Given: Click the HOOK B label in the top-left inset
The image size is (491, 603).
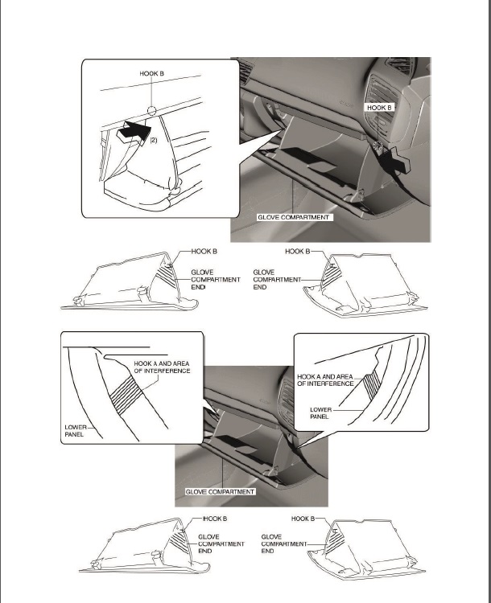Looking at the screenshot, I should (x=151, y=73).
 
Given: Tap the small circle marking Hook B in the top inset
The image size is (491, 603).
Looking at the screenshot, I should (x=151, y=111).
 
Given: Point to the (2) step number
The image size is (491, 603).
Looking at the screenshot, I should (x=153, y=138).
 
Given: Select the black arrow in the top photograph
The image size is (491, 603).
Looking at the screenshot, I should (x=399, y=161).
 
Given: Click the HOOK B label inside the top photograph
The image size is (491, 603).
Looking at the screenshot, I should (x=379, y=107).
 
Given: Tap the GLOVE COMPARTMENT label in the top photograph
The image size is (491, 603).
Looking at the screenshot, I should (x=294, y=218).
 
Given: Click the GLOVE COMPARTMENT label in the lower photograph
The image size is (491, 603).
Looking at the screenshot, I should (x=221, y=491).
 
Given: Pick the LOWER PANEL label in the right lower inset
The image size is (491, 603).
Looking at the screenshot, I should (x=321, y=412).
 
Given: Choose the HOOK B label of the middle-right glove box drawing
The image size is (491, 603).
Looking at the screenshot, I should (x=298, y=252).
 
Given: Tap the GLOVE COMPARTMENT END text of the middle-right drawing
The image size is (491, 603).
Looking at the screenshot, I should (x=269, y=279).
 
